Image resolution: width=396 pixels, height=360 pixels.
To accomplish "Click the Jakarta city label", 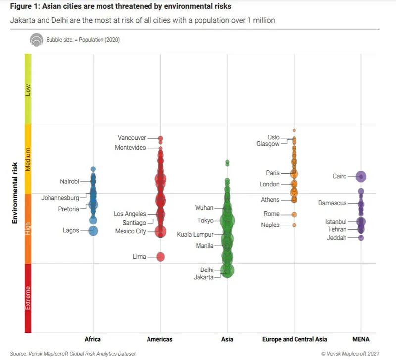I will click(203, 277).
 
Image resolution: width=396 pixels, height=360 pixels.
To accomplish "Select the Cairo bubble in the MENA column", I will click(361, 176).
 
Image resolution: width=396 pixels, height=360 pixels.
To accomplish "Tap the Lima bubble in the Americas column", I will click(161, 256).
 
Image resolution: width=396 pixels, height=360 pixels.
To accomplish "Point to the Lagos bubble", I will click(93, 230).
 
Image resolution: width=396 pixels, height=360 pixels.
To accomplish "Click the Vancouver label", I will click(132, 138).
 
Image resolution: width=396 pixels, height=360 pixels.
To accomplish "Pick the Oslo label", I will click(273, 137).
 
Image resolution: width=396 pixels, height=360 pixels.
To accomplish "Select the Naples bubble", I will click(294, 225).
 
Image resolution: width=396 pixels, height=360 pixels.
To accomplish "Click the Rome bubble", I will click(294, 214).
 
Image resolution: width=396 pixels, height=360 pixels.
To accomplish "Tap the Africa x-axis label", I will click(93, 339).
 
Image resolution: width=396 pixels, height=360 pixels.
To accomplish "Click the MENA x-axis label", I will click(361, 339).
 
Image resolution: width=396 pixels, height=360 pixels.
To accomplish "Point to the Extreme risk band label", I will click(28, 298).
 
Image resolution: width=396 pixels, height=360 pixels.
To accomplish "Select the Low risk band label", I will click(28, 89).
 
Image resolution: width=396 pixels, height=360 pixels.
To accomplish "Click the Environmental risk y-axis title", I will click(15, 193).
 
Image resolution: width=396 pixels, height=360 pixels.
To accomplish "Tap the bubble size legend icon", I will click(36, 40).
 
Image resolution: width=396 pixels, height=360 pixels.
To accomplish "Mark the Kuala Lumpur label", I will click(195, 234).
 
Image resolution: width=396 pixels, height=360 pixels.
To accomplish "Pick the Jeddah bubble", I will click(361, 238).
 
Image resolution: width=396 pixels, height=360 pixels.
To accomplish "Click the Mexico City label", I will click(131, 231).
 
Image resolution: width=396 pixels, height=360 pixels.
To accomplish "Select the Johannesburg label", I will click(60, 198).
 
